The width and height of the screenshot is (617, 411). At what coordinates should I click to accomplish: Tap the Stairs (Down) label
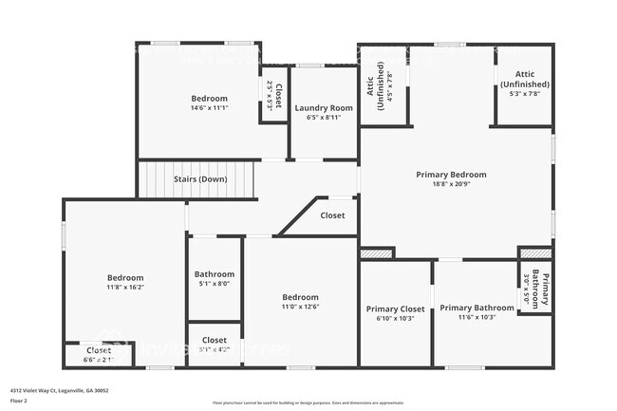[199, 178]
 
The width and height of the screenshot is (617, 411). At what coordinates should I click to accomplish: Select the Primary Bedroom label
[451, 175]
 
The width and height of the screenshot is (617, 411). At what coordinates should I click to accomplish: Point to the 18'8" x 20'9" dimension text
[451, 184]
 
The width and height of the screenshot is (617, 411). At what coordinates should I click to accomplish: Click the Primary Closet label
[395, 308]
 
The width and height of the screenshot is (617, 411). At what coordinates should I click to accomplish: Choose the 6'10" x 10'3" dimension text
[395, 318]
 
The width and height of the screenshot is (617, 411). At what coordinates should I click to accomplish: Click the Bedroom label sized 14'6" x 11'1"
[209, 99]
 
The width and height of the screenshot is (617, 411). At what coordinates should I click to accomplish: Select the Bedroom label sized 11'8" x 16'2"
[124, 277]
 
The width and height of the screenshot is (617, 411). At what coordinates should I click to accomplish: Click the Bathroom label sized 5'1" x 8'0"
[215, 274]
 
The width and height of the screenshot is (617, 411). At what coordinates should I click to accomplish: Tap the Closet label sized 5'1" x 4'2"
[215, 340]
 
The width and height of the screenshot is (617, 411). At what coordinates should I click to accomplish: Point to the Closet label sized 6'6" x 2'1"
[99, 350]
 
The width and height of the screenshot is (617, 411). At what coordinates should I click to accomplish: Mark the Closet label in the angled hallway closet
[332, 215]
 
